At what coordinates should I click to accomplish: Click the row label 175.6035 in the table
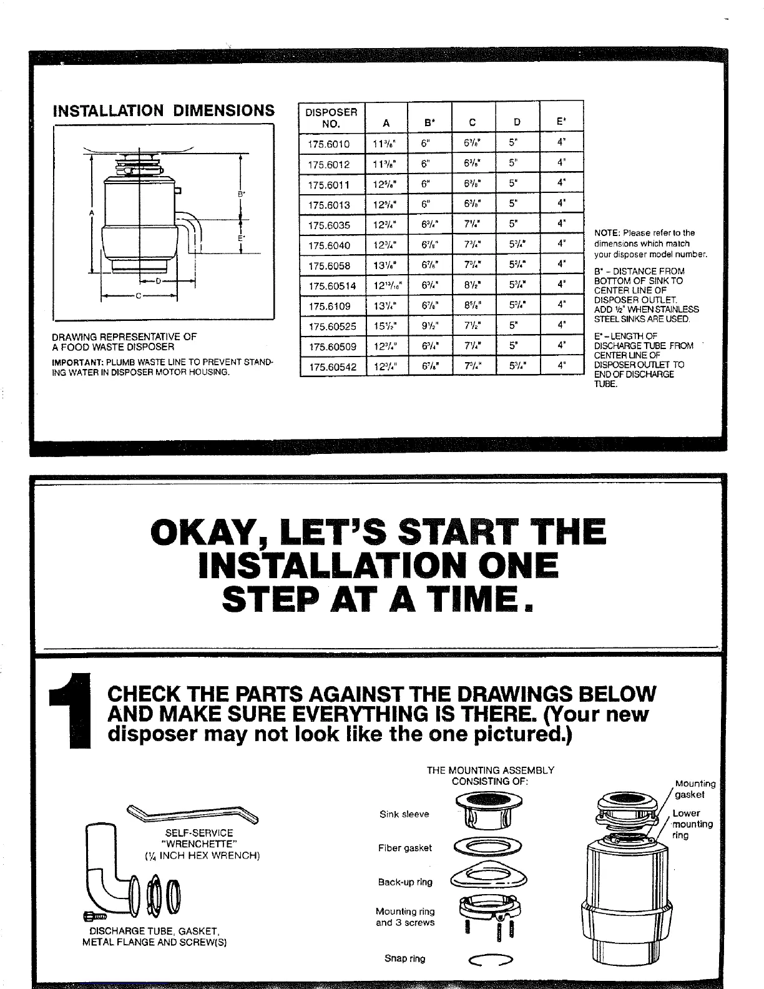pyautogui.click(x=329, y=225)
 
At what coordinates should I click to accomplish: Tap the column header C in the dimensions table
pyautogui.click(x=473, y=123)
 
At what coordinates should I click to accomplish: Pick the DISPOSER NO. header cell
pyautogui.click(x=330, y=117)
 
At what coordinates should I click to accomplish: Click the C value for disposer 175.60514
pyautogui.click(x=473, y=286)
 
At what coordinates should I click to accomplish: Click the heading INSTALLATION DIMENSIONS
pyautogui.click(x=164, y=111)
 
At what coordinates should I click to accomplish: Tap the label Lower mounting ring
pyautogui.click(x=690, y=824)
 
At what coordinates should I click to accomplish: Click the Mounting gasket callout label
pyautogui.click(x=693, y=789)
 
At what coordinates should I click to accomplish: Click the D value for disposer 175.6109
pyautogui.click(x=517, y=307)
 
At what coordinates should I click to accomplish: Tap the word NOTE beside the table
pyautogui.click(x=606, y=232)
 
